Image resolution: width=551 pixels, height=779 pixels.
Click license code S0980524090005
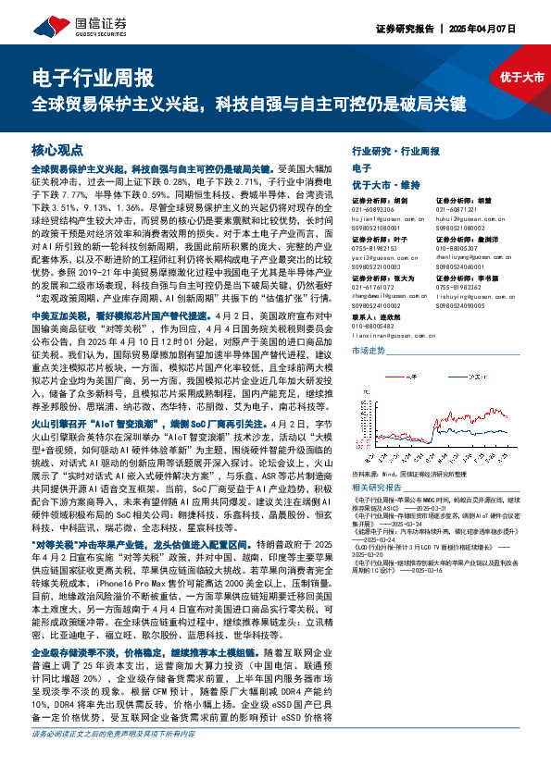[x=465, y=305]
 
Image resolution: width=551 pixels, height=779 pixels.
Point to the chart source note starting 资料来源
[x=412, y=474]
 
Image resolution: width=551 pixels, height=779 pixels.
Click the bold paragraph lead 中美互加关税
[x=67, y=291]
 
